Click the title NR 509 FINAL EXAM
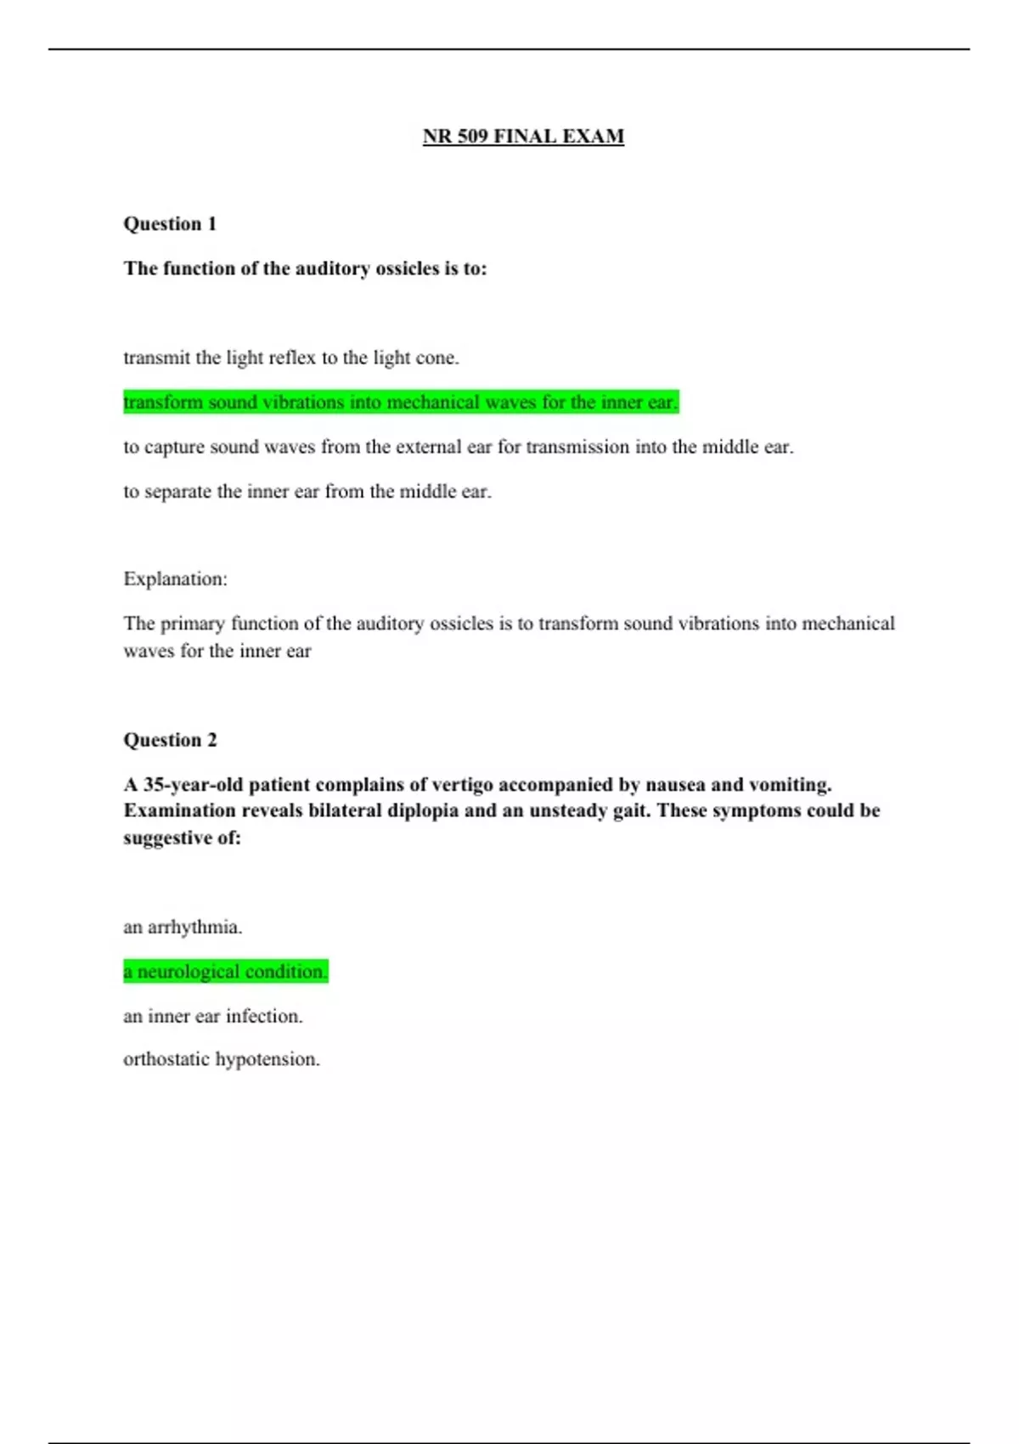(x=523, y=136)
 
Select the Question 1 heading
(x=170, y=223)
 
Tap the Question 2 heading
(x=170, y=740)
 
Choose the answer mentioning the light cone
(x=290, y=358)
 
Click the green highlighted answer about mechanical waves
(x=401, y=402)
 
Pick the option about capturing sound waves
(x=458, y=447)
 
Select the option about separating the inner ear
(x=307, y=491)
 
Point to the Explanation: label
(x=175, y=578)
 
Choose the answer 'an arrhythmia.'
(x=183, y=927)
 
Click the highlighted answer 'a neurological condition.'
(x=225, y=971)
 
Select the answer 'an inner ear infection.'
(x=212, y=1016)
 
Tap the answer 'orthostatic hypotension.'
(x=221, y=1059)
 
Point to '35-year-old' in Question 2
(x=193, y=784)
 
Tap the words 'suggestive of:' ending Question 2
(x=182, y=838)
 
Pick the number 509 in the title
(x=473, y=136)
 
